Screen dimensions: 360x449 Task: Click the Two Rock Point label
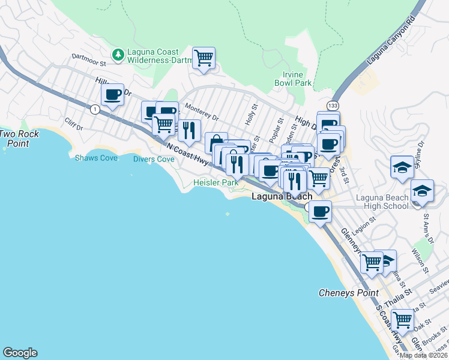[14, 139]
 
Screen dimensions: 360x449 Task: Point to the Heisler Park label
[215, 182]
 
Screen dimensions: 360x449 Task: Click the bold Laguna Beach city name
[282, 196]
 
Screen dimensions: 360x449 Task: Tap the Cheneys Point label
[348, 293]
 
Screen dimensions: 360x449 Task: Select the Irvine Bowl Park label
[293, 79]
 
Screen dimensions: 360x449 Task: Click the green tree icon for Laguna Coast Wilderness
[119, 54]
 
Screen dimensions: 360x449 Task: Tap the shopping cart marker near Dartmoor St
[203, 58]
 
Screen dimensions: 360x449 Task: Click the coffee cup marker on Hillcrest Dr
[112, 94]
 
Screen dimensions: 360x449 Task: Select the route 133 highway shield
[331, 105]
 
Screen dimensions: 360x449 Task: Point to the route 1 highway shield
[94, 109]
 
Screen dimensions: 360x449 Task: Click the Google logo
[20, 353]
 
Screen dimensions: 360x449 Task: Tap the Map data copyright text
[424, 355]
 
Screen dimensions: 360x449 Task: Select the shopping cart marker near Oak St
[402, 320]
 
